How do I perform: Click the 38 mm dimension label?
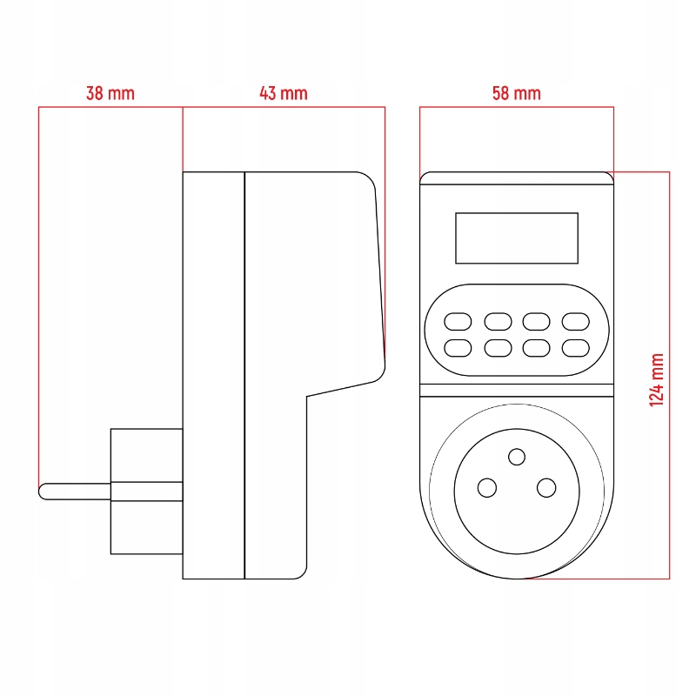pos(110,93)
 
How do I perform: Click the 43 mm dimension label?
pos(284,93)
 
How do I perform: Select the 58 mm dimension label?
pos(516,93)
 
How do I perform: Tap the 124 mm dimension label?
pos(657,380)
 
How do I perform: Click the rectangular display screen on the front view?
pos(517,238)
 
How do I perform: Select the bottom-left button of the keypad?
pos(457,348)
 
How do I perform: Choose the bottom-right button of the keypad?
pos(576,348)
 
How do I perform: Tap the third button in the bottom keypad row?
pos(536,348)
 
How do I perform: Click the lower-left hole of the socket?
pos(488,487)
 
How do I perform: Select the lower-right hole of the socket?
pos(546,487)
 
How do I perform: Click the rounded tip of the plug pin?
pos(43,492)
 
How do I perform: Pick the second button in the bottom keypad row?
pos(498,348)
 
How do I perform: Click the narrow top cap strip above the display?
pos(517,178)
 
